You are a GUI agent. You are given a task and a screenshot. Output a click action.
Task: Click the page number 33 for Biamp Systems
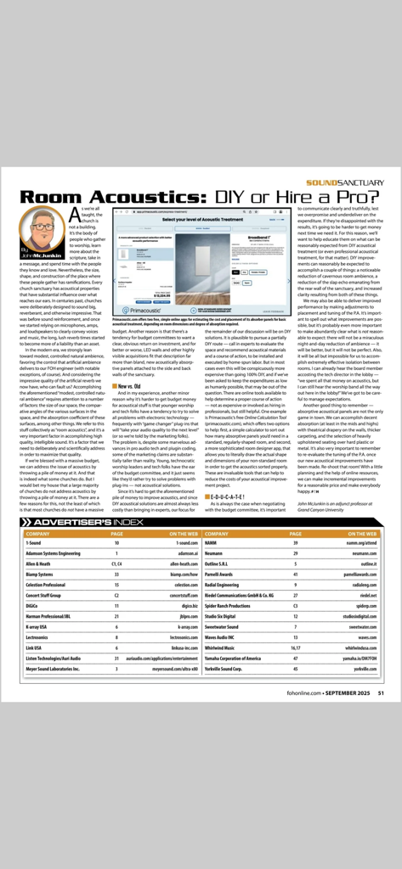click(x=116, y=572)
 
